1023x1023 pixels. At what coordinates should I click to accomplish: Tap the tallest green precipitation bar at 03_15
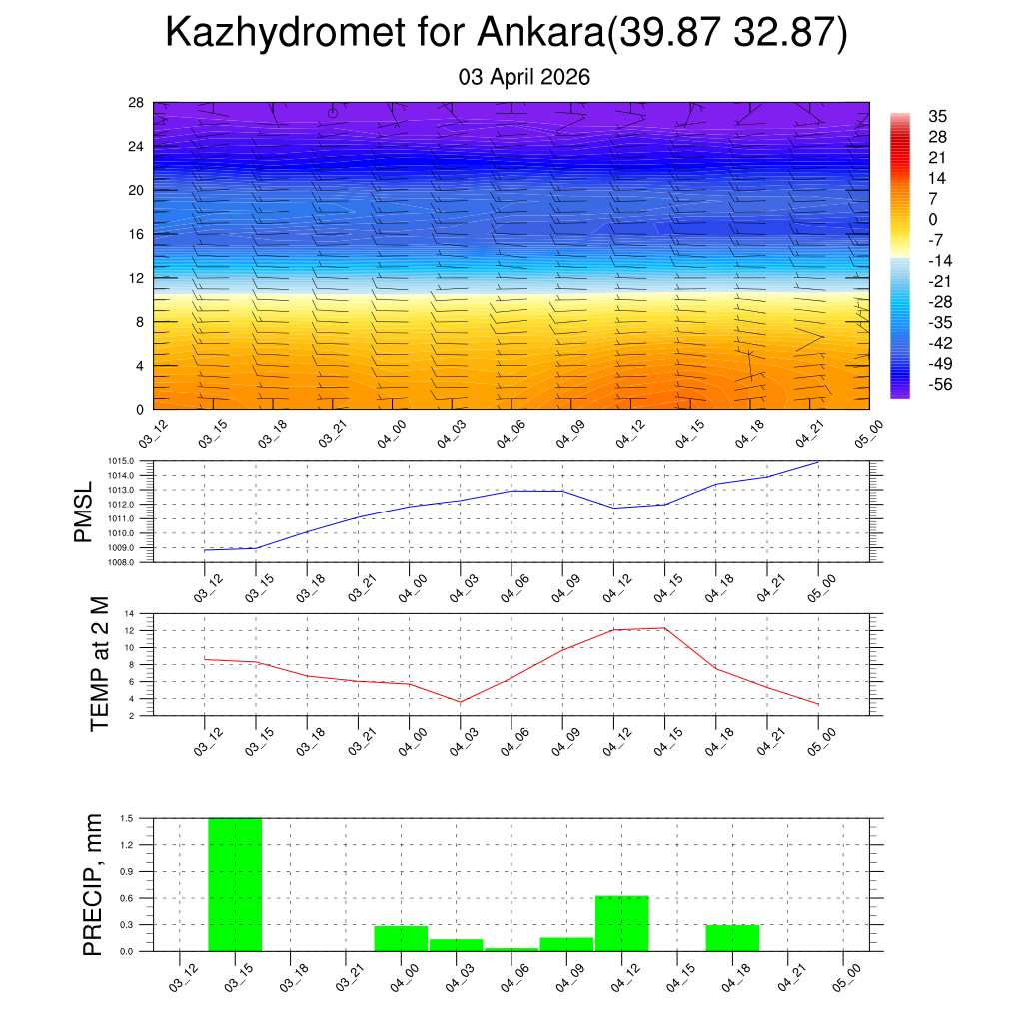click(x=235, y=884)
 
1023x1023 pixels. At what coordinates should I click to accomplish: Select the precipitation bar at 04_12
click(x=621, y=923)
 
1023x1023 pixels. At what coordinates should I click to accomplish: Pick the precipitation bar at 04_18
click(x=732, y=937)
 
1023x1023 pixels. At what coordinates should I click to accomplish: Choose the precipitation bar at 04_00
click(x=401, y=938)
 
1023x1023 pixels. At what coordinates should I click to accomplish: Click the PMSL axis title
click(x=88, y=511)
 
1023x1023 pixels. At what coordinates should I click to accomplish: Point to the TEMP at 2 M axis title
click(x=99, y=663)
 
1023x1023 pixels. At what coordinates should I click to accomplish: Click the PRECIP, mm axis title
click(x=93, y=884)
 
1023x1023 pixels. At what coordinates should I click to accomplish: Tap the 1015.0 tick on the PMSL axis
click(x=122, y=461)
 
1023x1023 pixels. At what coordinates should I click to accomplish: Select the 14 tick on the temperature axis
click(x=129, y=613)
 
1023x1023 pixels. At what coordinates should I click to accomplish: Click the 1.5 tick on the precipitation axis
click(x=127, y=818)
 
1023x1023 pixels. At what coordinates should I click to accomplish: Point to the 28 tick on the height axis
click(x=136, y=102)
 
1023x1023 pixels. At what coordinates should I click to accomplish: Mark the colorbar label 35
click(x=937, y=116)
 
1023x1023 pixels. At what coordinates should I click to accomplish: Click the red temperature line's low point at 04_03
click(x=460, y=702)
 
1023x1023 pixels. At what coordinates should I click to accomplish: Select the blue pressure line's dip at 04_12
click(x=613, y=508)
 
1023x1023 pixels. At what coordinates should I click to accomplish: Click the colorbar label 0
click(x=933, y=219)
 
